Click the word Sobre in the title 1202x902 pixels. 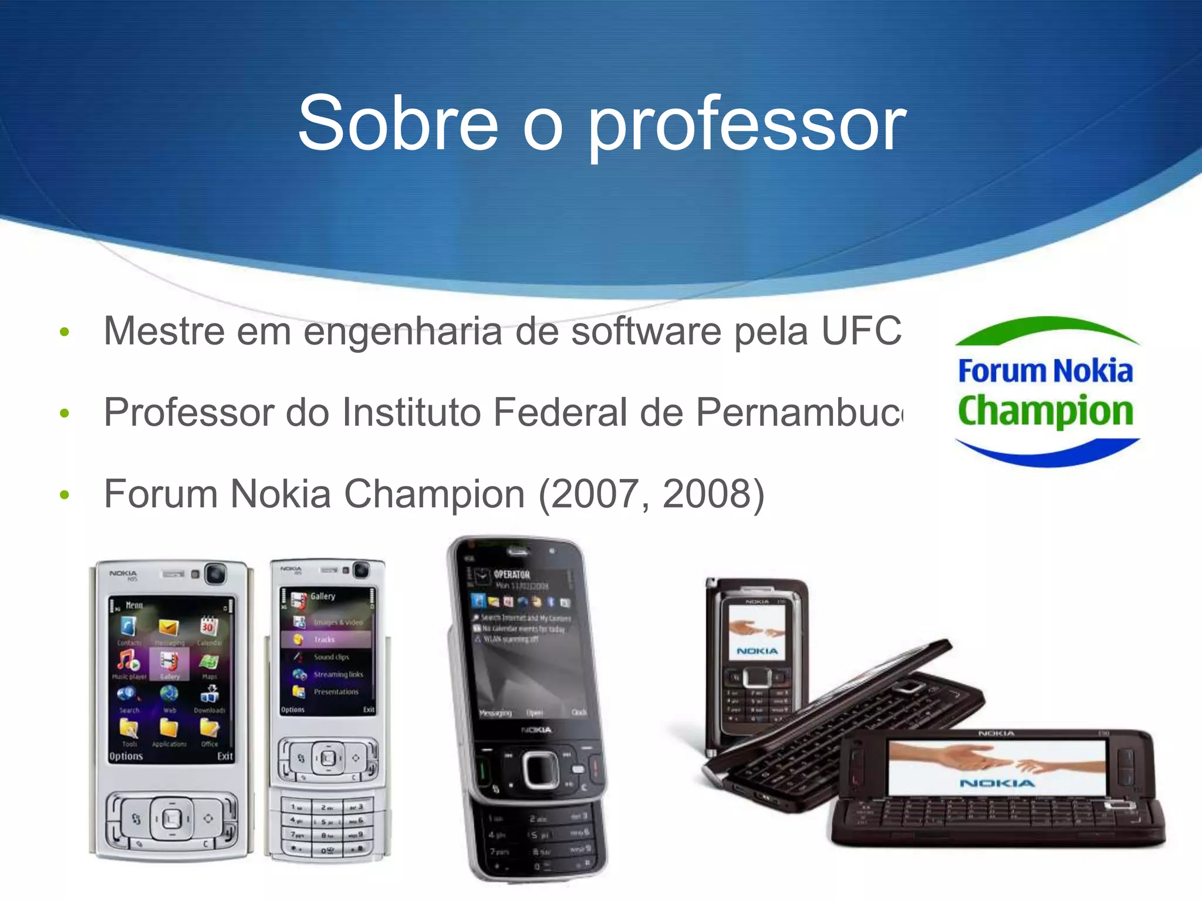398,123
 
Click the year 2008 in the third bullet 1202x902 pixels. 707,494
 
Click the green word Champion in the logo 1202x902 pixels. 1045,410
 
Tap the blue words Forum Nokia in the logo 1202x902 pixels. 1045,371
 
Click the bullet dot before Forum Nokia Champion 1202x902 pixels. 65,494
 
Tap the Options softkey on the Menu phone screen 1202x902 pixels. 126,756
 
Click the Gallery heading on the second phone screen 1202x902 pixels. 323,596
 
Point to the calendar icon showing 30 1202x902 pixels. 209,626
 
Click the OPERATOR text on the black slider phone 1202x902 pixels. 511,574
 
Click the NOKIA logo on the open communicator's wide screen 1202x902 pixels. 997,783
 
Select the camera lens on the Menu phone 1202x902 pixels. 216,574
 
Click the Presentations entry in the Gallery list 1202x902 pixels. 336,692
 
